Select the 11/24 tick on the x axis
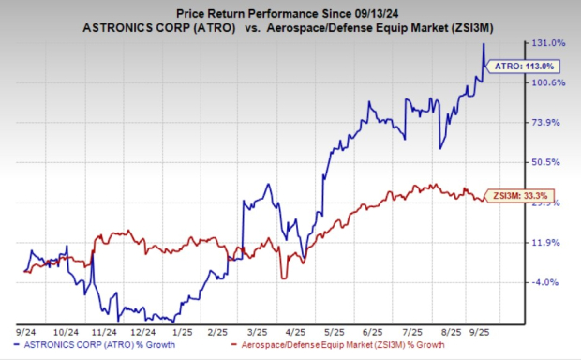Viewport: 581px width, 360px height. (105, 332)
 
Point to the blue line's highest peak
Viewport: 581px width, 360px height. (483, 43)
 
